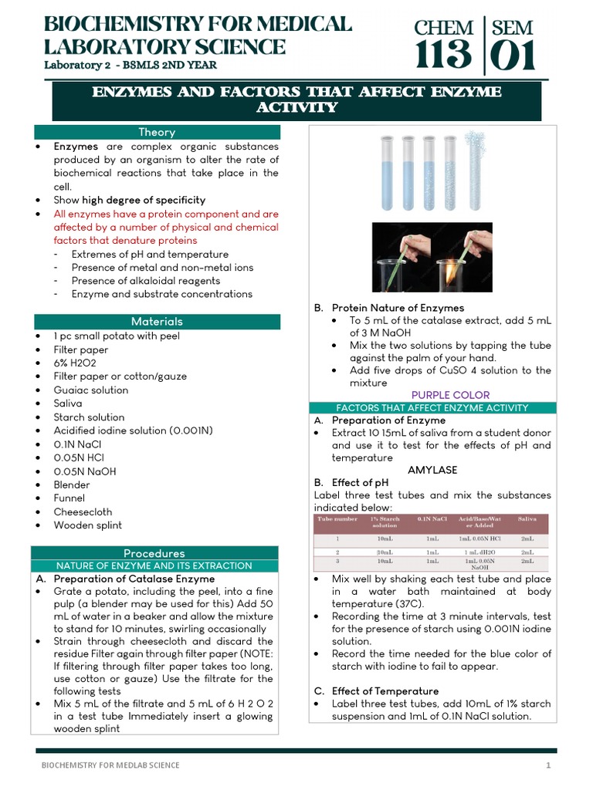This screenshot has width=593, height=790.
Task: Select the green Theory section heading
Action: point(156,132)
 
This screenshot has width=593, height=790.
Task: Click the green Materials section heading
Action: point(156,321)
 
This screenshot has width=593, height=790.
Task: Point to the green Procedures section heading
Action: point(154,553)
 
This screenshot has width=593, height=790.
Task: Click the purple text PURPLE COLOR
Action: point(450,395)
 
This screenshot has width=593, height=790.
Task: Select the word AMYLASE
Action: point(432,470)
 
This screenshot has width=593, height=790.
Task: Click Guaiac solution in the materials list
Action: point(91,390)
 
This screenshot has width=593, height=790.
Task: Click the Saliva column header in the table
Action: point(527,519)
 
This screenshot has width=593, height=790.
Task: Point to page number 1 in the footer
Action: point(548,765)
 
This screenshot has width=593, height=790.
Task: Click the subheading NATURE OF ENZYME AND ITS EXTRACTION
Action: point(154,565)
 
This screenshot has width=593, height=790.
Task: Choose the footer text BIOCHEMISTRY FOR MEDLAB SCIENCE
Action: point(110,765)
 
